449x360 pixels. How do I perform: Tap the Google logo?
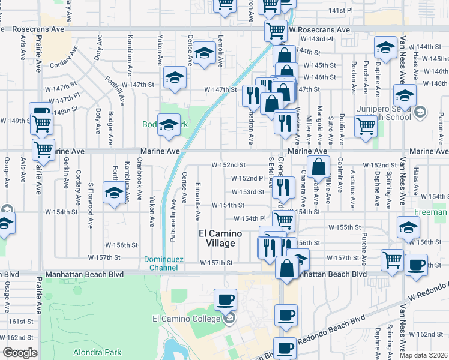20,353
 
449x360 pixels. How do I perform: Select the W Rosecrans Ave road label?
319,29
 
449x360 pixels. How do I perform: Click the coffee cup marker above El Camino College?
226,299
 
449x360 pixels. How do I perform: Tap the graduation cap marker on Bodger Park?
169,125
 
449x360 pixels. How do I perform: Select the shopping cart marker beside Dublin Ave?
366,127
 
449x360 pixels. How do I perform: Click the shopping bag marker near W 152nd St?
319,167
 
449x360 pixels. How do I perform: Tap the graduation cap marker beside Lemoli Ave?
204,55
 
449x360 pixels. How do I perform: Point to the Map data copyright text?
424,355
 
